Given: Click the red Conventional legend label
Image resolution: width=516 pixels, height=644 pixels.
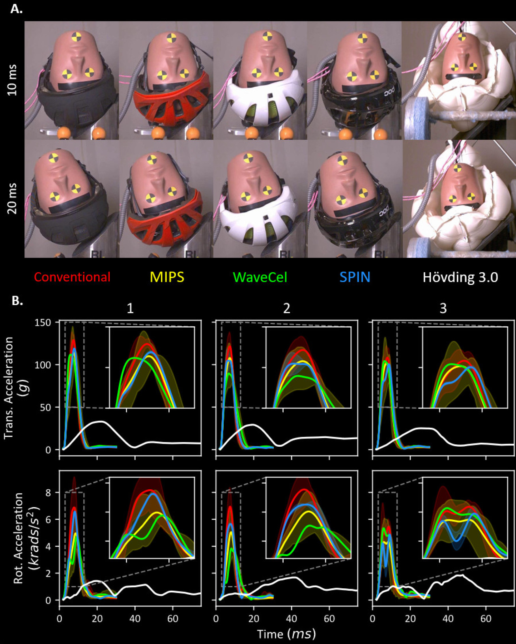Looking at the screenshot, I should pos(72,277).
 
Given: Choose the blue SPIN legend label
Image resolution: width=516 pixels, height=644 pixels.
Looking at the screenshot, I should pos(355,277).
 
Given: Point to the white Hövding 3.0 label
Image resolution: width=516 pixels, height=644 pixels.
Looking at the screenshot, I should pos(460,277).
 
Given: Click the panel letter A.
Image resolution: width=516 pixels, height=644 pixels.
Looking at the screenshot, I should pos(16,9).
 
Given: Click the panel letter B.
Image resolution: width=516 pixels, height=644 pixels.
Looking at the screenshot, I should pos(16,301).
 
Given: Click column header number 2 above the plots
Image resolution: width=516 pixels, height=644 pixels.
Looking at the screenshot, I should pos(286,308).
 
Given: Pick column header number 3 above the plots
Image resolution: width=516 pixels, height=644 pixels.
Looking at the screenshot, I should pos(443,308).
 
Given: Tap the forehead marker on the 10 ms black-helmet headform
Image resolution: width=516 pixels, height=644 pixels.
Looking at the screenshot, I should pos(77,38).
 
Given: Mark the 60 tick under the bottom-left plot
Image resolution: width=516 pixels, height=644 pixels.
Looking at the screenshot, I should pos(172,618).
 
